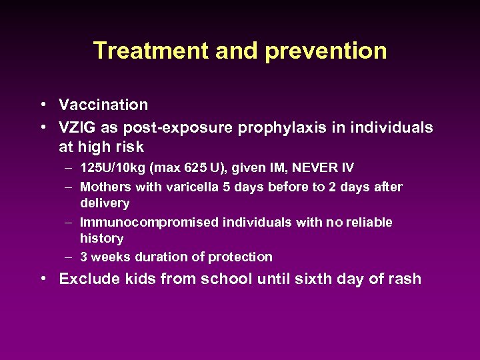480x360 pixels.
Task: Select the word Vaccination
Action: pos(103,105)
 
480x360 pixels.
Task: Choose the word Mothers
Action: pos(105,187)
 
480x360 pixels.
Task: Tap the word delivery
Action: pos(105,203)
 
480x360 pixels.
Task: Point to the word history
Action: pos(101,238)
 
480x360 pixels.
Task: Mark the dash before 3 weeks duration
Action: pos(69,257)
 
